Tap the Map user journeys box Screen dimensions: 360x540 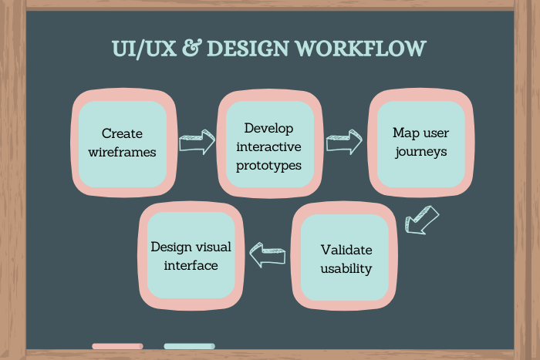click(x=420, y=142)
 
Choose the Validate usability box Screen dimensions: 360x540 click(x=346, y=259)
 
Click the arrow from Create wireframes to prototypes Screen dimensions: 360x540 click(x=196, y=143)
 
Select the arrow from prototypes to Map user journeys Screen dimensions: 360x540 click(x=344, y=141)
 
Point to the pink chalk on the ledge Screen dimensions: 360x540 click(x=117, y=346)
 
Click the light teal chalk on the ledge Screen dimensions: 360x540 click(x=189, y=346)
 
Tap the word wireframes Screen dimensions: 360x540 click(x=122, y=152)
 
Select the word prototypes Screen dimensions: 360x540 click(x=270, y=164)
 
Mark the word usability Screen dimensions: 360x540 click(x=346, y=269)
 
